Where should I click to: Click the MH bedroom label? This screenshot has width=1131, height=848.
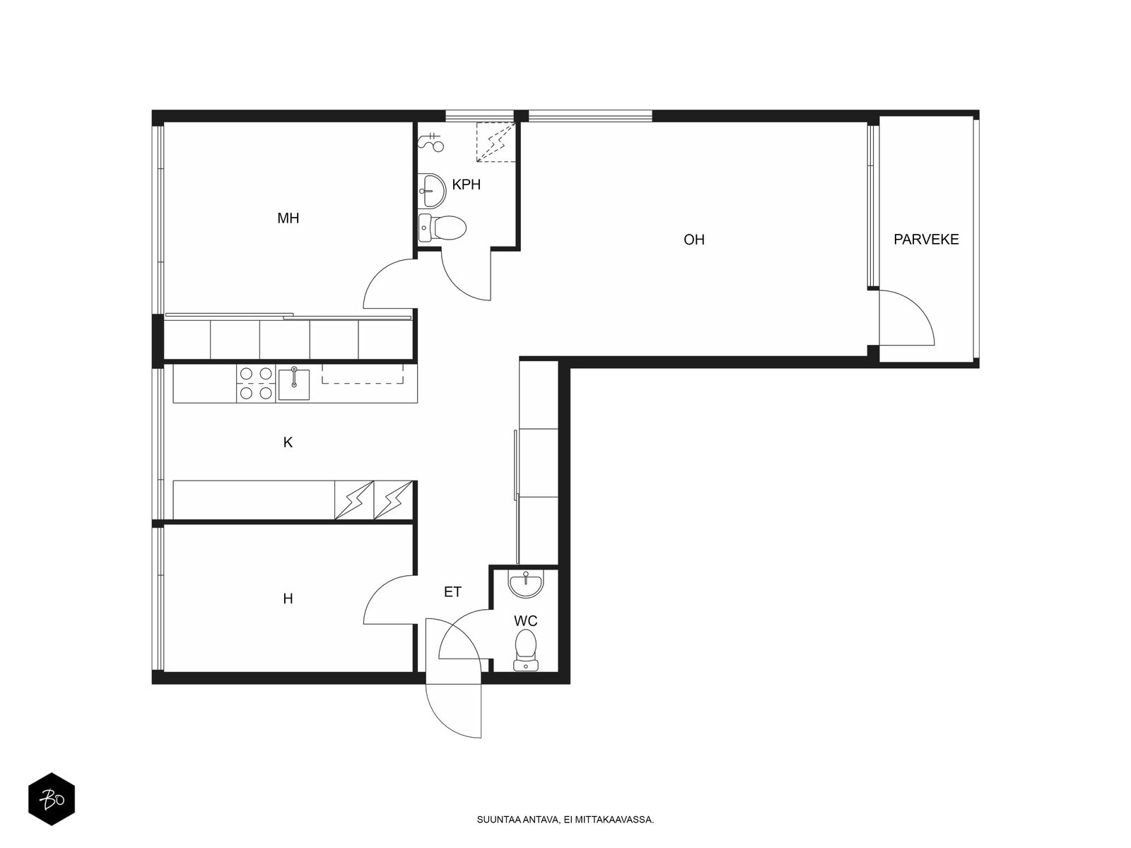(288, 218)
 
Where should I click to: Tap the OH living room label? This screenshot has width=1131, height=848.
(693, 240)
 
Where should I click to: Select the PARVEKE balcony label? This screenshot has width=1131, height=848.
(926, 240)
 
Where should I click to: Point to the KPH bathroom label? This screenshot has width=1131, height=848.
(467, 184)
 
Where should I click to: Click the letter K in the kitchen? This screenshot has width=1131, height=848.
(288, 442)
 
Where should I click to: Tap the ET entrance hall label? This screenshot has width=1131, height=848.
(452, 592)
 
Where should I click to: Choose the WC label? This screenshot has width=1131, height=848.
(526, 621)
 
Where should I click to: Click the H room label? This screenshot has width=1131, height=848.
(288, 599)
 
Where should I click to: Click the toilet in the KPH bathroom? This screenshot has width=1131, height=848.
(443, 228)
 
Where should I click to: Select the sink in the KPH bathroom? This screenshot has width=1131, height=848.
(433, 191)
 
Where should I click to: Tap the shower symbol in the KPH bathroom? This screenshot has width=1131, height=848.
(431, 142)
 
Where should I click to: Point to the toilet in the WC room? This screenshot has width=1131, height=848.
(526, 651)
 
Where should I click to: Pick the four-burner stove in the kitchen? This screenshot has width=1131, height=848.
(256, 383)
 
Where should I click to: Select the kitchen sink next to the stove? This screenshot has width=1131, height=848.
(293, 384)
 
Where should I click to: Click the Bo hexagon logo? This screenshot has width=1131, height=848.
(52, 799)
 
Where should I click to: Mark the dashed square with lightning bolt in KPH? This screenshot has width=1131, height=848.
(496, 141)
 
